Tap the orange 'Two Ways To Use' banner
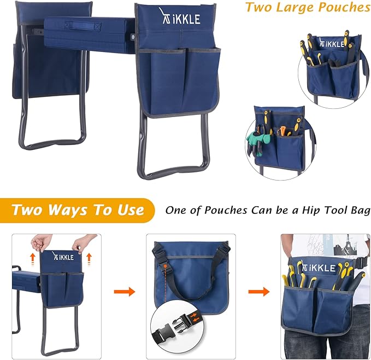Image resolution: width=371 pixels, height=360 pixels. click(x=78, y=210)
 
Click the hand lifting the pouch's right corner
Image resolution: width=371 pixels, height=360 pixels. click(x=82, y=242)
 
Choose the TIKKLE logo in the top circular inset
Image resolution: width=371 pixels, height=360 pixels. click(x=334, y=44)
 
